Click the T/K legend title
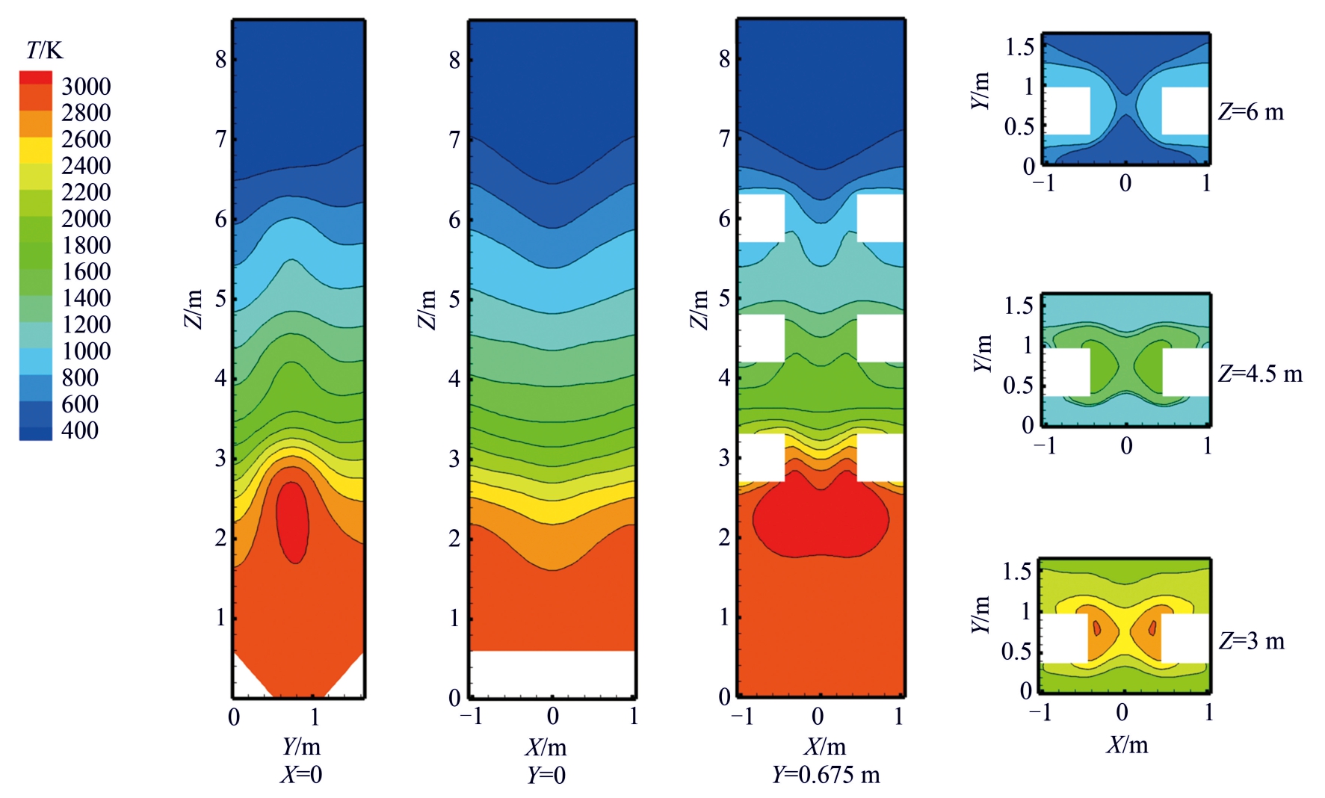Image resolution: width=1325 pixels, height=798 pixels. click(x=44, y=50)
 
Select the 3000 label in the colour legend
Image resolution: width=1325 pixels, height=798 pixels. click(x=86, y=87)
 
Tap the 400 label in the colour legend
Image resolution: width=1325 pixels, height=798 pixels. click(x=80, y=430)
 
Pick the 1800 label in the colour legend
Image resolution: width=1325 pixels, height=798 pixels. click(x=86, y=245)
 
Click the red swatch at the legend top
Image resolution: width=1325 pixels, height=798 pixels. click(x=36, y=78)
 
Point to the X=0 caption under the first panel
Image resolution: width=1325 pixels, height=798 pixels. click(x=301, y=775)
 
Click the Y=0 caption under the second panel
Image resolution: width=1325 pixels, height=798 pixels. click(x=546, y=775)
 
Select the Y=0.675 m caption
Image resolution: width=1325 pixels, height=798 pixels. click(x=826, y=775)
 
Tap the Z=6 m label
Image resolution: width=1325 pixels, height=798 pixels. click(x=1251, y=112)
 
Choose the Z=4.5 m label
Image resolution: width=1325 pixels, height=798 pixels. click(x=1260, y=374)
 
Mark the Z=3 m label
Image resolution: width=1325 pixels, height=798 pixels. click(x=1252, y=641)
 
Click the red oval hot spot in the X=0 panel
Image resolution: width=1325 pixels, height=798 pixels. click(x=292, y=521)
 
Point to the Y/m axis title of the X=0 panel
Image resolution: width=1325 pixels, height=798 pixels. click(x=301, y=746)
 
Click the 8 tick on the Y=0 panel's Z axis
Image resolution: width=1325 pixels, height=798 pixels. click(x=454, y=60)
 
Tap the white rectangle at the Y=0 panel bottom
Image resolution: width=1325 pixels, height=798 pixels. click(x=552, y=673)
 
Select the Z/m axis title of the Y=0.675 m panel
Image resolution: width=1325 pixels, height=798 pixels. click(x=699, y=309)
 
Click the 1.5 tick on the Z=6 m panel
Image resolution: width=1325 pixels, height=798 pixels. click(x=1019, y=47)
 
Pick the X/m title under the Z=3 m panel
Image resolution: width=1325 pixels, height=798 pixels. click(x=1127, y=745)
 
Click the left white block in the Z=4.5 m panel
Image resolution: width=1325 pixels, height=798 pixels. click(x=1066, y=372)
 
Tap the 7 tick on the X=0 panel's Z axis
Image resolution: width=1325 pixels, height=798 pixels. click(x=221, y=139)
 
